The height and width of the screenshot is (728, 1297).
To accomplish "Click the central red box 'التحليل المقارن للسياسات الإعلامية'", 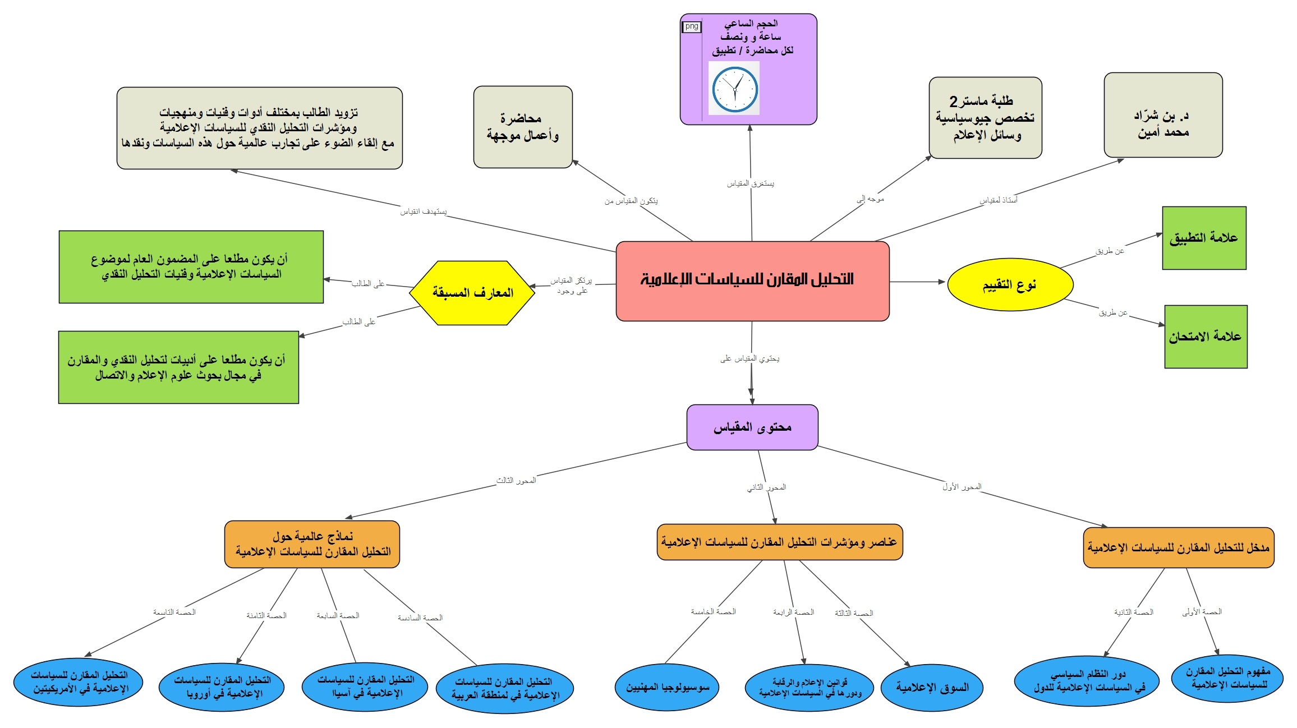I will click(752, 281).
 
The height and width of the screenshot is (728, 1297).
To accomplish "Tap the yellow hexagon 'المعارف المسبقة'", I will click(472, 293).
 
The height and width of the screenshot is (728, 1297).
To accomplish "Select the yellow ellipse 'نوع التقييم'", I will click(1010, 285).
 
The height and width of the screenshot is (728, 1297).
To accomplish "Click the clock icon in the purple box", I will click(734, 89).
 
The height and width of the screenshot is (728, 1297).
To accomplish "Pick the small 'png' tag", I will click(692, 26).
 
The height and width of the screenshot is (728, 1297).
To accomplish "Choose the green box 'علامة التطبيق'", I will click(1204, 238).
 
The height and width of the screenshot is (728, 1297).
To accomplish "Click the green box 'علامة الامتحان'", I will click(1206, 337).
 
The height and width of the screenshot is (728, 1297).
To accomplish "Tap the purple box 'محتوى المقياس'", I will click(752, 427).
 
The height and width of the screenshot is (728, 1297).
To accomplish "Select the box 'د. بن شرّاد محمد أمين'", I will click(1163, 115).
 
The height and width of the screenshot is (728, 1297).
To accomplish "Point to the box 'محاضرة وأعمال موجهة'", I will click(523, 127).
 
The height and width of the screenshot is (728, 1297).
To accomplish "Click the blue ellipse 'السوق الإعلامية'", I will click(932, 688).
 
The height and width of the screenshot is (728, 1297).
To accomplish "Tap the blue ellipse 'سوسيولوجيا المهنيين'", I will click(668, 688).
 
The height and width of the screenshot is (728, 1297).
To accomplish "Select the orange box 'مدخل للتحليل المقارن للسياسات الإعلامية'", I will click(1179, 547).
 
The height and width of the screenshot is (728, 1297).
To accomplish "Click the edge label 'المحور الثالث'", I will click(516, 481).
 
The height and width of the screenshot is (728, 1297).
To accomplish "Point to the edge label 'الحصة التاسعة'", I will click(174, 612).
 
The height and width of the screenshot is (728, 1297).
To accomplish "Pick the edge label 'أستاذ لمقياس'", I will click(999, 200).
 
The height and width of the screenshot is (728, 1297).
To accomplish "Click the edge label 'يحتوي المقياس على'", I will click(750, 358).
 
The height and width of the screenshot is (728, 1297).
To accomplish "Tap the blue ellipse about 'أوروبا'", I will click(222, 687).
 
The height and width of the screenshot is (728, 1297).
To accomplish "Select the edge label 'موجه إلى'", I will click(870, 199).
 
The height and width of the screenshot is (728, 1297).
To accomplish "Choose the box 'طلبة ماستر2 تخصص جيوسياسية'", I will click(985, 118).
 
